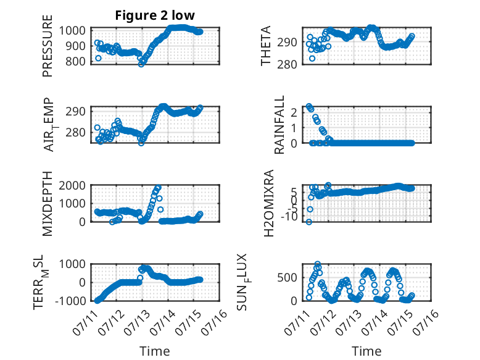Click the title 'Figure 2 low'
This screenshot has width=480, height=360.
click(x=155, y=15)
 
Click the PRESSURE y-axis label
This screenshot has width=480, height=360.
click(x=48, y=46)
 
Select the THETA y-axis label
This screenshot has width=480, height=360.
click(x=266, y=46)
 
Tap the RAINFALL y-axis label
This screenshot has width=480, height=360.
click(x=279, y=125)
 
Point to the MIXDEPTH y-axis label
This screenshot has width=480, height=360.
click(x=48, y=204)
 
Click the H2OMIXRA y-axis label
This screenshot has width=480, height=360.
click(x=269, y=203)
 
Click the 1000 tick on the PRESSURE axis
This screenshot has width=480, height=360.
click(x=72, y=31)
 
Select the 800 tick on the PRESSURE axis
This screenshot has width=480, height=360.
click(x=76, y=62)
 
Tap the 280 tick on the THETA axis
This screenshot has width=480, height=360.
click(x=287, y=64)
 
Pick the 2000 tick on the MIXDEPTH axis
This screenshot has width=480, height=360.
click(x=72, y=185)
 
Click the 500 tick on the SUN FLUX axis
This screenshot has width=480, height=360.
click(x=287, y=278)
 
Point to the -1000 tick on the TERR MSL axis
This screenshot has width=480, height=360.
click(x=71, y=301)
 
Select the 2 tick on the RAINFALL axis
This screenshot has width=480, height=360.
click(x=294, y=112)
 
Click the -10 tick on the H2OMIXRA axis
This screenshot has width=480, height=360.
click(x=289, y=216)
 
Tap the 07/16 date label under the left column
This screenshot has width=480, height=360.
click(x=215, y=322)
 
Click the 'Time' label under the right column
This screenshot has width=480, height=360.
click(x=366, y=351)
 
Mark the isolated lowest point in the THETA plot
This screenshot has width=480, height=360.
click(x=312, y=59)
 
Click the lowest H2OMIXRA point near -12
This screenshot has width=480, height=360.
click(x=309, y=222)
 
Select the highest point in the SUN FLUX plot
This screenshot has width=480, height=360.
click(x=318, y=264)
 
